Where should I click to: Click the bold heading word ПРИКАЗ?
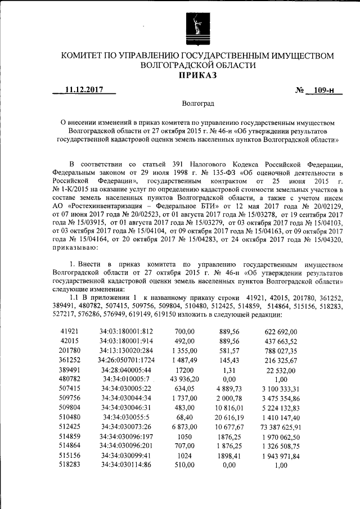click(x=197, y=76)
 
